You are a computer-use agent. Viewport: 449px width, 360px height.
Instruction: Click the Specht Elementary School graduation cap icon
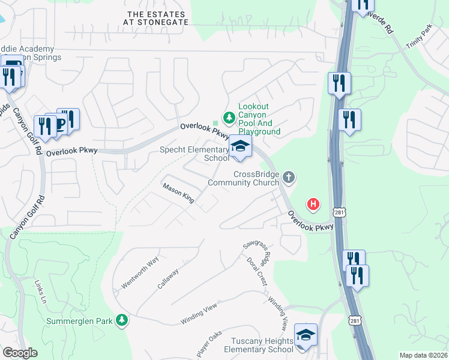[240, 146]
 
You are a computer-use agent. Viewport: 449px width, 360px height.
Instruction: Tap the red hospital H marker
[313, 205]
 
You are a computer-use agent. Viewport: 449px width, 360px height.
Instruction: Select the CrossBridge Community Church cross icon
[289, 177]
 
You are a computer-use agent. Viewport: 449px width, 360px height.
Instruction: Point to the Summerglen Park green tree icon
[122, 320]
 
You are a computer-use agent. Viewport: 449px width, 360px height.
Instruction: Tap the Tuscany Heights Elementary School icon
[306, 334]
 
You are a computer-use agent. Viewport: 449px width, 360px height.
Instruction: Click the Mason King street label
[178, 193]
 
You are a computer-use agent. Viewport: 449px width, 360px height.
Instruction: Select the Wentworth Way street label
[140, 272]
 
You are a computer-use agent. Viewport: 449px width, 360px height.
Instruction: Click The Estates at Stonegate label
[158, 17]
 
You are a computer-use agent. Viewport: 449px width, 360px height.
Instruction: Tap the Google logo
[20, 353]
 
